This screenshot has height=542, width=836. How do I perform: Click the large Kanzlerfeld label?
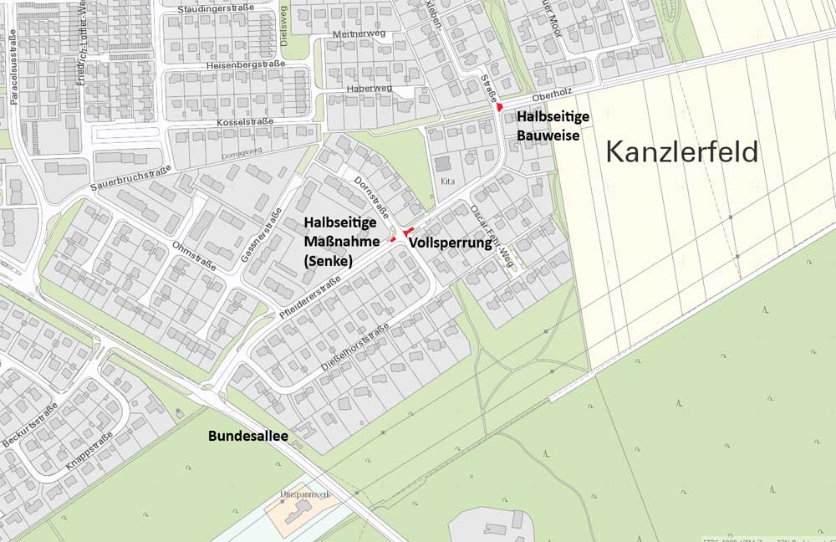point(681,152)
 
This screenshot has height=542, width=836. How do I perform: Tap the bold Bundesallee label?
point(242,437)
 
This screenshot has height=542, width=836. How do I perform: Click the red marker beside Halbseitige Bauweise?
point(499,107)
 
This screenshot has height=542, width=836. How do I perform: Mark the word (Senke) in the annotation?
point(328,261)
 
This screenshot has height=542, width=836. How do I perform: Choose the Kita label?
point(447,181)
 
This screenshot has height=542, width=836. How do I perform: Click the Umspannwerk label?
point(306,495)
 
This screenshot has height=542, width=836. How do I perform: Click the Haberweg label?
point(370,89)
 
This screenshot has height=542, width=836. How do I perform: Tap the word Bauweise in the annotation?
point(548,135)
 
